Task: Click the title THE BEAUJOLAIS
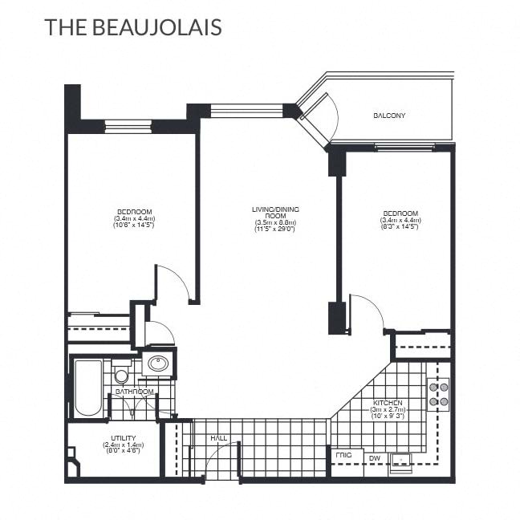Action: coord(132,26)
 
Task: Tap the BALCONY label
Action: coord(389,116)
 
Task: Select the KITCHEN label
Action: coord(388,401)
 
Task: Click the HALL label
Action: coord(218,439)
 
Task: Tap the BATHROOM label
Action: coord(134,392)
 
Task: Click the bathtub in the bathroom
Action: coord(88,388)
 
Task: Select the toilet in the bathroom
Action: coord(121,375)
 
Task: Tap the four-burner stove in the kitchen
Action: coord(438,393)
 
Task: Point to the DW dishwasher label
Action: coord(374,458)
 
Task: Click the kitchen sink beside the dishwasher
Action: coord(400,461)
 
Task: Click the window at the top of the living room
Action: coord(246,110)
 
